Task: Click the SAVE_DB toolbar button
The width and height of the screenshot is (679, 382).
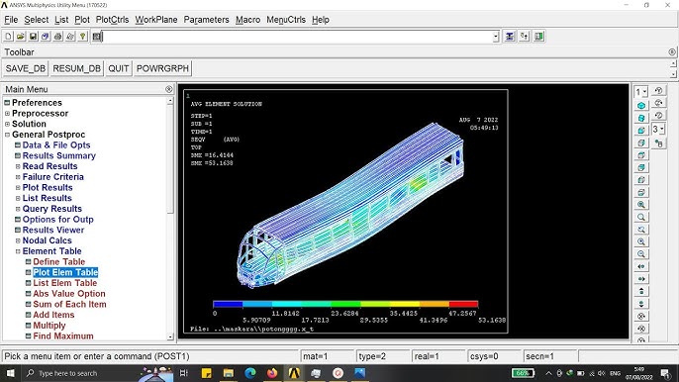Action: (26, 68)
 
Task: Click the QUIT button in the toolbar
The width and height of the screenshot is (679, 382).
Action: (119, 68)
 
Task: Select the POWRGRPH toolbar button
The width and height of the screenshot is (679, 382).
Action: (163, 68)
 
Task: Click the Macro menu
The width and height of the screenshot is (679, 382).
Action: (247, 19)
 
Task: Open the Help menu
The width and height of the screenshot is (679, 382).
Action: (321, 19)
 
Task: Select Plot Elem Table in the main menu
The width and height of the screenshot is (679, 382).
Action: (65, 272)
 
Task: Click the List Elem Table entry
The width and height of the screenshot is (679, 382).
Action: (64, 283)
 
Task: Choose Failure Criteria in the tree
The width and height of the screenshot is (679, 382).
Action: (59, 177)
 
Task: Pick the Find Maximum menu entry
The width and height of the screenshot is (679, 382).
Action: (62, 336)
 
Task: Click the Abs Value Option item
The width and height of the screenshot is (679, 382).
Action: (68, 294)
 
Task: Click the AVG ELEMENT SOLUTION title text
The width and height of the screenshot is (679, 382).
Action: (230, 103)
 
